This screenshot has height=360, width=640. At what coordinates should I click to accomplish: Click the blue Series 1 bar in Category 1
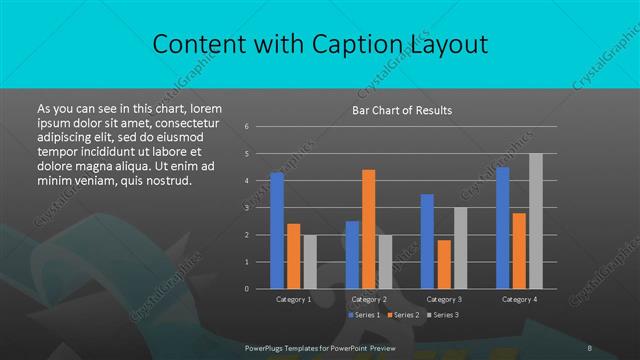coord(277,230)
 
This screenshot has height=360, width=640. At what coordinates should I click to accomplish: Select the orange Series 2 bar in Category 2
coord(368,229)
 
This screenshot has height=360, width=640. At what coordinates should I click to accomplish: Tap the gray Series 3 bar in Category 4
coord(536,221)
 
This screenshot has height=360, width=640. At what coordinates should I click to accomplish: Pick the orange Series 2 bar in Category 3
coord(443,264)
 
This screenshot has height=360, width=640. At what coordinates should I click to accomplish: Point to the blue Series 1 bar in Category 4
coord(502,228)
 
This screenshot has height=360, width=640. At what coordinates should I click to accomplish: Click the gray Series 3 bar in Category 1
coord(310,261)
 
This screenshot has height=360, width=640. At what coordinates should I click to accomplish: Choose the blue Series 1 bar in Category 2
coord(352,254)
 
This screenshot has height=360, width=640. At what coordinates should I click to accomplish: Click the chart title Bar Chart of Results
coord(401,110)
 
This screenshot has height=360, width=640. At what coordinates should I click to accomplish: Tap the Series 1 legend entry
coord(364,315)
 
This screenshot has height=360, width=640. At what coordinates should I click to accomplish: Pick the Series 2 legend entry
coord(403,315)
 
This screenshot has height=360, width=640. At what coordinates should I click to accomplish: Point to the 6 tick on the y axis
coord(246,127)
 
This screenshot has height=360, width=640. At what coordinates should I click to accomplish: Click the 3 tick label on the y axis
coord(246,208)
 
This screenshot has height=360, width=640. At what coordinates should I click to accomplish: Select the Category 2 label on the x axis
coord(369,299)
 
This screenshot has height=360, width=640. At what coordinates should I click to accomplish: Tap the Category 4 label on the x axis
coord(519,299)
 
